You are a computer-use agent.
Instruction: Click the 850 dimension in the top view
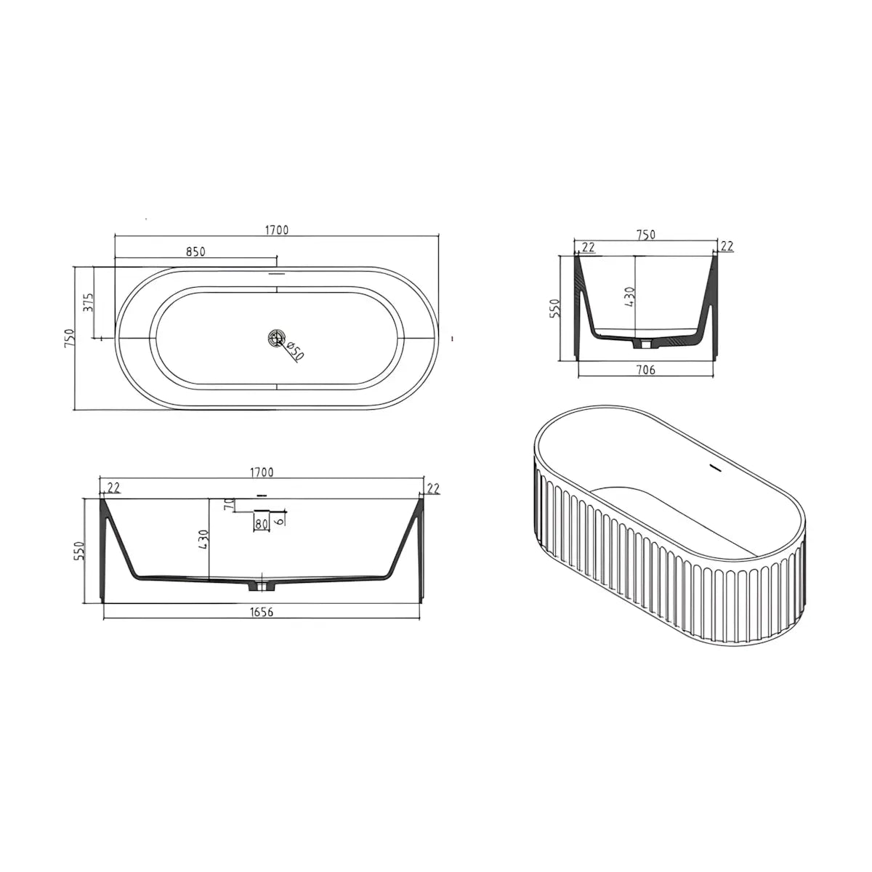point(195,251)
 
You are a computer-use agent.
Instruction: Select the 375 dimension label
point(89,302)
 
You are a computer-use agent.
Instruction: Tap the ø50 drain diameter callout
point(294,351)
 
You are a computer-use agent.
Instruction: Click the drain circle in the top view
point(275,338)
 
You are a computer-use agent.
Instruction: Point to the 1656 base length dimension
point(262,613)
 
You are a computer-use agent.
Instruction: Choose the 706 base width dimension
point(646,370)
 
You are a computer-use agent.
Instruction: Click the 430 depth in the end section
point(630,296)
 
